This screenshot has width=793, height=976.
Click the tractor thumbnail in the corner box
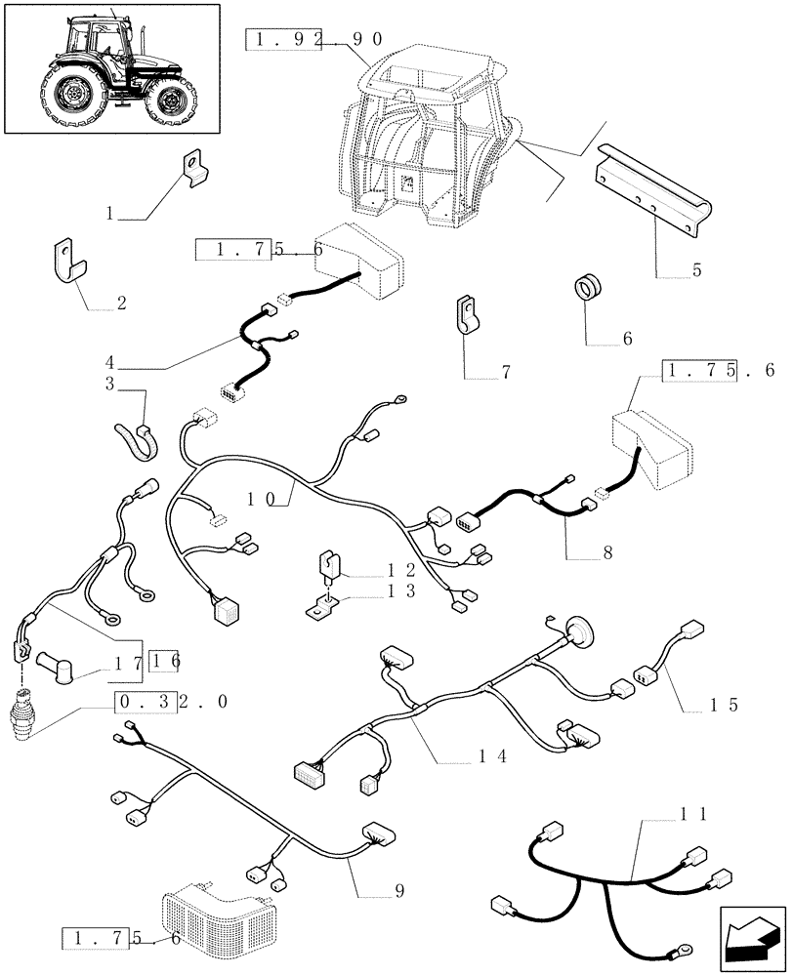tap(110, 67)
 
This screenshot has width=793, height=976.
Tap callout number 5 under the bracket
tap(696, 270)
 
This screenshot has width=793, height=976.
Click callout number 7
tap(505, 372)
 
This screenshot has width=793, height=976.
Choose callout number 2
tap(121, 303)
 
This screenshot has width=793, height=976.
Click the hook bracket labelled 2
tap(66, 262)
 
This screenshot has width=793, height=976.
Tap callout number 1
tap(110, 212)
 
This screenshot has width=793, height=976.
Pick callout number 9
tap(398, 890)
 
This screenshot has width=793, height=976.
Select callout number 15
tap(726, 704)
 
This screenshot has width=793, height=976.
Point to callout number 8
tap(606, 552)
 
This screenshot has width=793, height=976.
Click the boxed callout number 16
tap(165, 661)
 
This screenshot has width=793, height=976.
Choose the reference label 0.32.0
tap(174, 702)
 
